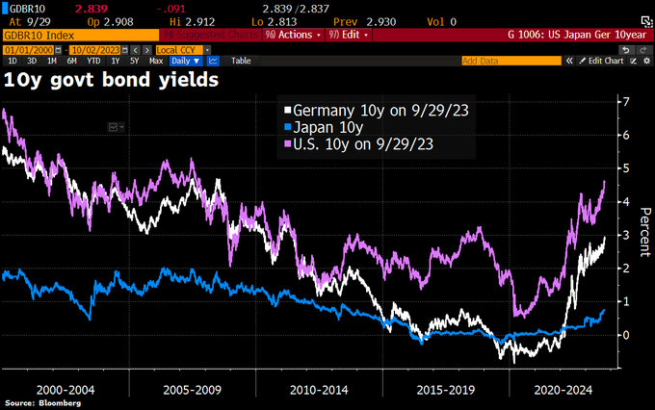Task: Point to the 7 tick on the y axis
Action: pyautogui.click(x=626, y=102)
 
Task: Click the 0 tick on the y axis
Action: pyautogui.click(x=626, y=335)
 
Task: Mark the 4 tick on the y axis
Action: pyautogui.click(x=626, y=202)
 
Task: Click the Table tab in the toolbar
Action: pyautogui.click(x=241, y=60)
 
